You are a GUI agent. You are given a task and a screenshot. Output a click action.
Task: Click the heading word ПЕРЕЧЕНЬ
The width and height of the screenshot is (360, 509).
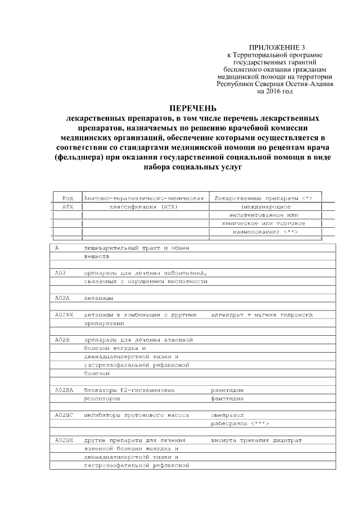[193, 108]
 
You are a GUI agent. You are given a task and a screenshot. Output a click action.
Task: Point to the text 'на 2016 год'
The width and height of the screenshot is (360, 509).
[274, 91]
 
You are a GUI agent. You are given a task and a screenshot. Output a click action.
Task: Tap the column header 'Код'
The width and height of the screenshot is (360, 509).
[67, 198]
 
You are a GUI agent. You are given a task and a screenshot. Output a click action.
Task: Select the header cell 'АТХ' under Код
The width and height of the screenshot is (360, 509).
[67, 206]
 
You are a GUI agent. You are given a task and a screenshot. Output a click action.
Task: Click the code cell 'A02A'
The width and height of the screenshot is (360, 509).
[62, 298]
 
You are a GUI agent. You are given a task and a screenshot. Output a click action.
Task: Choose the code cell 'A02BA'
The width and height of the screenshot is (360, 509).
[64, 389]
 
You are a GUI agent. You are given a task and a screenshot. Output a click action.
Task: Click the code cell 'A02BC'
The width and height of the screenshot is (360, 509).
[64, 415]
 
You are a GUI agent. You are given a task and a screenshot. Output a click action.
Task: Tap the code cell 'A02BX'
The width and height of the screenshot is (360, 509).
[64, 440]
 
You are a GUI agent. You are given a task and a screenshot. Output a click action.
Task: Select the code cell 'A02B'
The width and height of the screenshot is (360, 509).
[62, 340]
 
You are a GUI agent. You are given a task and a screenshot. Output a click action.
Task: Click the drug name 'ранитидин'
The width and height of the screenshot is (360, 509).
[228, 389]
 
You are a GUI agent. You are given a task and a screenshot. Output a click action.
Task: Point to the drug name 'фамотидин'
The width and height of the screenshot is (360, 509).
[228, 398]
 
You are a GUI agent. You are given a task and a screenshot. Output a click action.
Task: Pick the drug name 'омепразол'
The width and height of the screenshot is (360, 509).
[228, 415]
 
